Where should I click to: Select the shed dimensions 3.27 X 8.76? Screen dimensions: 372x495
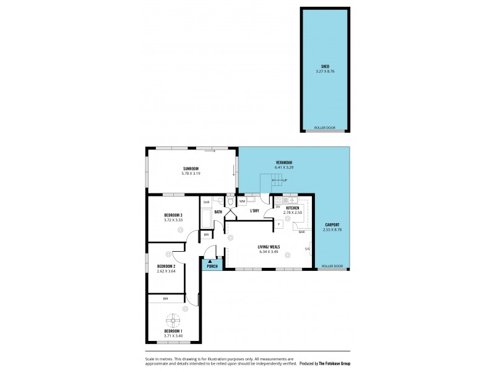coord(325,71)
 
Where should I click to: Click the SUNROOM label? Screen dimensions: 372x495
coord(191,169)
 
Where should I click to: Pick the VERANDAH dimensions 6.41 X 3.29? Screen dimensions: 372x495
coord(285,167)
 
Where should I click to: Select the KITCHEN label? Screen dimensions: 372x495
coord(292,208)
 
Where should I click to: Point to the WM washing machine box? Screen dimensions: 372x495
coord(243,201)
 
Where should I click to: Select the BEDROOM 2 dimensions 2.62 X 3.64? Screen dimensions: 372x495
coord(166,271)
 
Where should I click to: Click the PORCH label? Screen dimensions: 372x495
coord(211,267)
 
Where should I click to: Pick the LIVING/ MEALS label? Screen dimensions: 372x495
coord(269,247)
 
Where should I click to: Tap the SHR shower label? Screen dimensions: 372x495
coord(205,202)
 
